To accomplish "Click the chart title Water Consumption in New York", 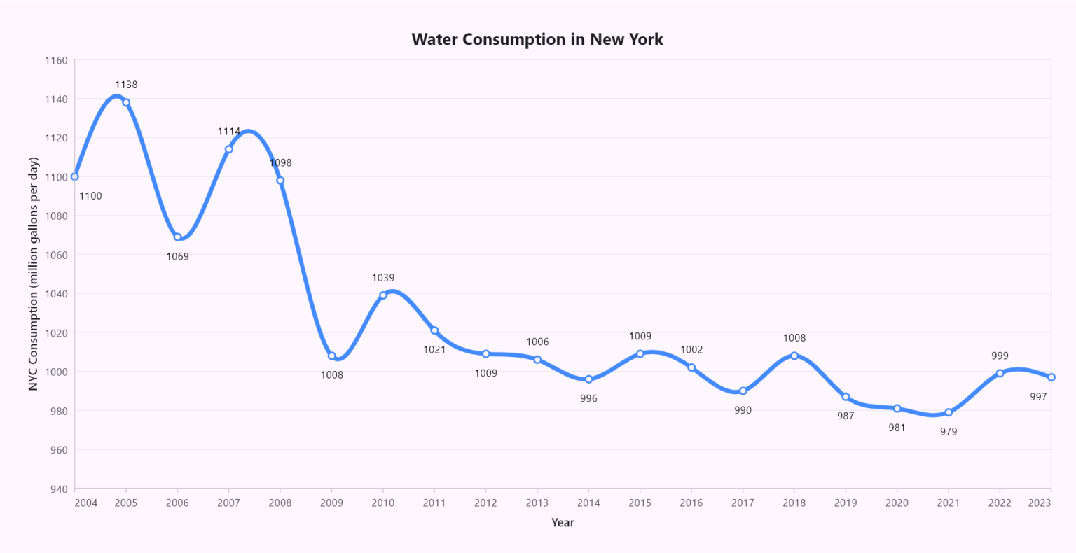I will (x=537, y=39).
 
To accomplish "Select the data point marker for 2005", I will (x=126, y=102).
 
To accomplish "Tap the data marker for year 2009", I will (x=332, y=356).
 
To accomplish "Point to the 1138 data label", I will (x=126, y=85).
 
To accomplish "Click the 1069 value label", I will (x=177, y=256).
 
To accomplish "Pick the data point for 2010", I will (x=383, y=295).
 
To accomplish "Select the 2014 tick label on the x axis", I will (x=588, y=503).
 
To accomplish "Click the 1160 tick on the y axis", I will (x=56, y=60).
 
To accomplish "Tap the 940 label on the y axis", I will (x=58, y=489).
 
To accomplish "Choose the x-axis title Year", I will (x=563, y=522).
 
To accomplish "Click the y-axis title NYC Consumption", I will (x=33, y=274).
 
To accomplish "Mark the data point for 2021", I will (x=949, y=412).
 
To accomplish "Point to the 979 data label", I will (x=949, y=431).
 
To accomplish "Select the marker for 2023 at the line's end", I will (x=1051, y=377).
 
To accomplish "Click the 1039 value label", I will (x=383, y=278).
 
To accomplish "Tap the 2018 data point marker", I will (x=794, y=356).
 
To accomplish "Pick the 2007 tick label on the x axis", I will (x=229, y=503).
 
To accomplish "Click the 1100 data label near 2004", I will (x=90, y=196).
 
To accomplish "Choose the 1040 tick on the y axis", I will (x=56, y=294).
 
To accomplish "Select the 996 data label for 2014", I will (x=588, y=398).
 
